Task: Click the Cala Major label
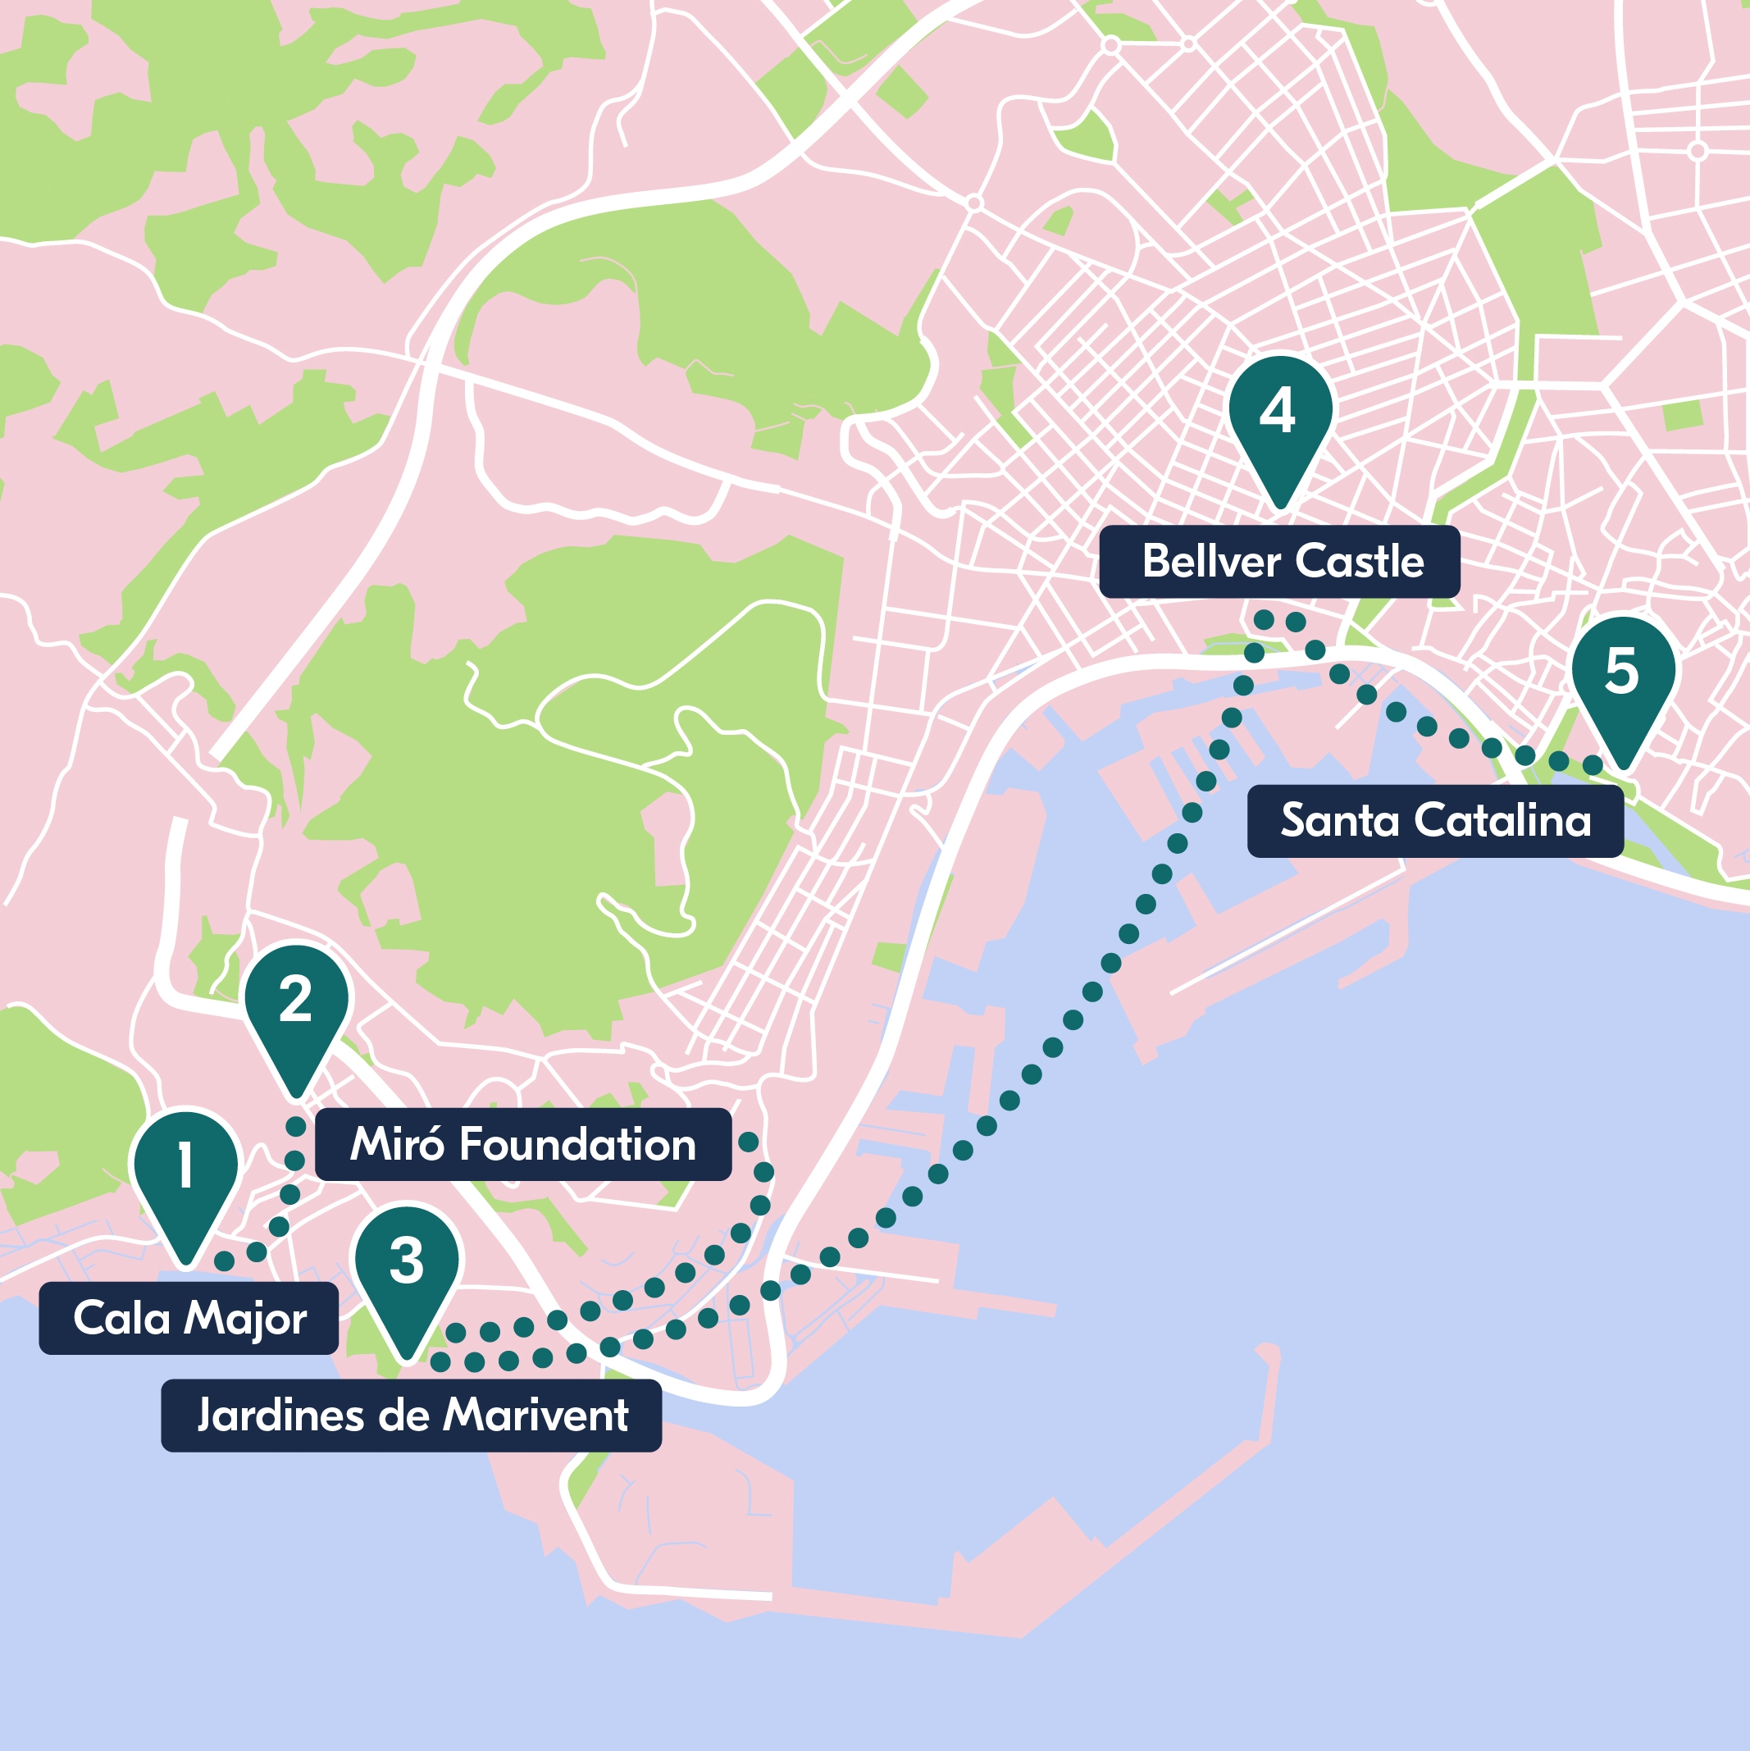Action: pyautogui.click(x=189, y=1319)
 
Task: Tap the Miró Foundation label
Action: pyautogui.click(x=523, y=1145)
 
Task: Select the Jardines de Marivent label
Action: pyautogui.click(x=411, y=1416)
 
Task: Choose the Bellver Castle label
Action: pyautogui.click(x=1278, y=562)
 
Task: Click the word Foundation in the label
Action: pyautogui.click(x=577, y=1145)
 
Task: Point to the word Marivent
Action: pyautogui.click(x=535, y=1416)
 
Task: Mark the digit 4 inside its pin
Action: pyautogui.click(x=1278, y=412)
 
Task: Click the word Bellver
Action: pyautogui.click(x=1198, y=562)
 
